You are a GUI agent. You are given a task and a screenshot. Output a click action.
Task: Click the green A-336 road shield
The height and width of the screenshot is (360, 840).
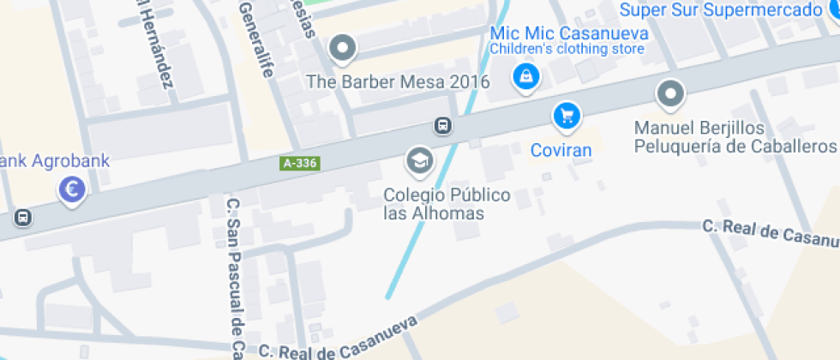click(x=300, y=163)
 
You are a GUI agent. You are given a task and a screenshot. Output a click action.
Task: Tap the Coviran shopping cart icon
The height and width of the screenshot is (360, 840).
click(x=566, y=115)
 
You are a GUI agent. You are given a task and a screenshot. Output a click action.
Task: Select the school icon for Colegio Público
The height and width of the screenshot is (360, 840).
click(x=419, y=159)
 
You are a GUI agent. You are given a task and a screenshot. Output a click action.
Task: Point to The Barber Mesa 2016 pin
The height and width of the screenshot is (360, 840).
click(x=343, y=48)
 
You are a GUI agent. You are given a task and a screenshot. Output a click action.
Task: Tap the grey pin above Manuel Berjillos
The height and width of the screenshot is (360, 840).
click(x=669, y=93)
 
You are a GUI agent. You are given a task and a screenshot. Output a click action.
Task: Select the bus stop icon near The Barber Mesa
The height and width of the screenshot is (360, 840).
click(x=442, y=125)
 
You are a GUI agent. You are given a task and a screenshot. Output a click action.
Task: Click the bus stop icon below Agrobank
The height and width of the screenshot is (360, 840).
click(x=23, y=217)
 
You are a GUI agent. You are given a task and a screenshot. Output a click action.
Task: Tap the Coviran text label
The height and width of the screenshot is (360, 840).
click(x=561, y=150)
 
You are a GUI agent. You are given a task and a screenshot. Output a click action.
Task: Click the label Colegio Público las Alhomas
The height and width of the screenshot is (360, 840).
click(x=446, y=204)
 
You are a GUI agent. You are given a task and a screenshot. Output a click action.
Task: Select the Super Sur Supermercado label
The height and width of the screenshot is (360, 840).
click(x=721, y=10)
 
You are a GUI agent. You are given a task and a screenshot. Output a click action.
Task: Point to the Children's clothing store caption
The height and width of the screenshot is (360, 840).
click(x=567, y=49)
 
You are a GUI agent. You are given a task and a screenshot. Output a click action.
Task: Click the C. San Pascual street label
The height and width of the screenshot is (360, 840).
click(x=234, y=274)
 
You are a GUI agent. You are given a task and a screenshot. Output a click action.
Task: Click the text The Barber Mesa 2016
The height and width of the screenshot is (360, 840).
click(x=399, y=82)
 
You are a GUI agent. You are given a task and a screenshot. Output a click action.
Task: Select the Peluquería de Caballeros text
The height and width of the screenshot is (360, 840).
click(x=735, y=146)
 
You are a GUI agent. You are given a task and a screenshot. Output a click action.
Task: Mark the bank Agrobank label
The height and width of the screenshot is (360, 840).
click(x=55, y=161)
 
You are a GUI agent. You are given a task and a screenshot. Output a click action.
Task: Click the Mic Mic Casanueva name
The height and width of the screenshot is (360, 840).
click(x=568, y=33)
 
